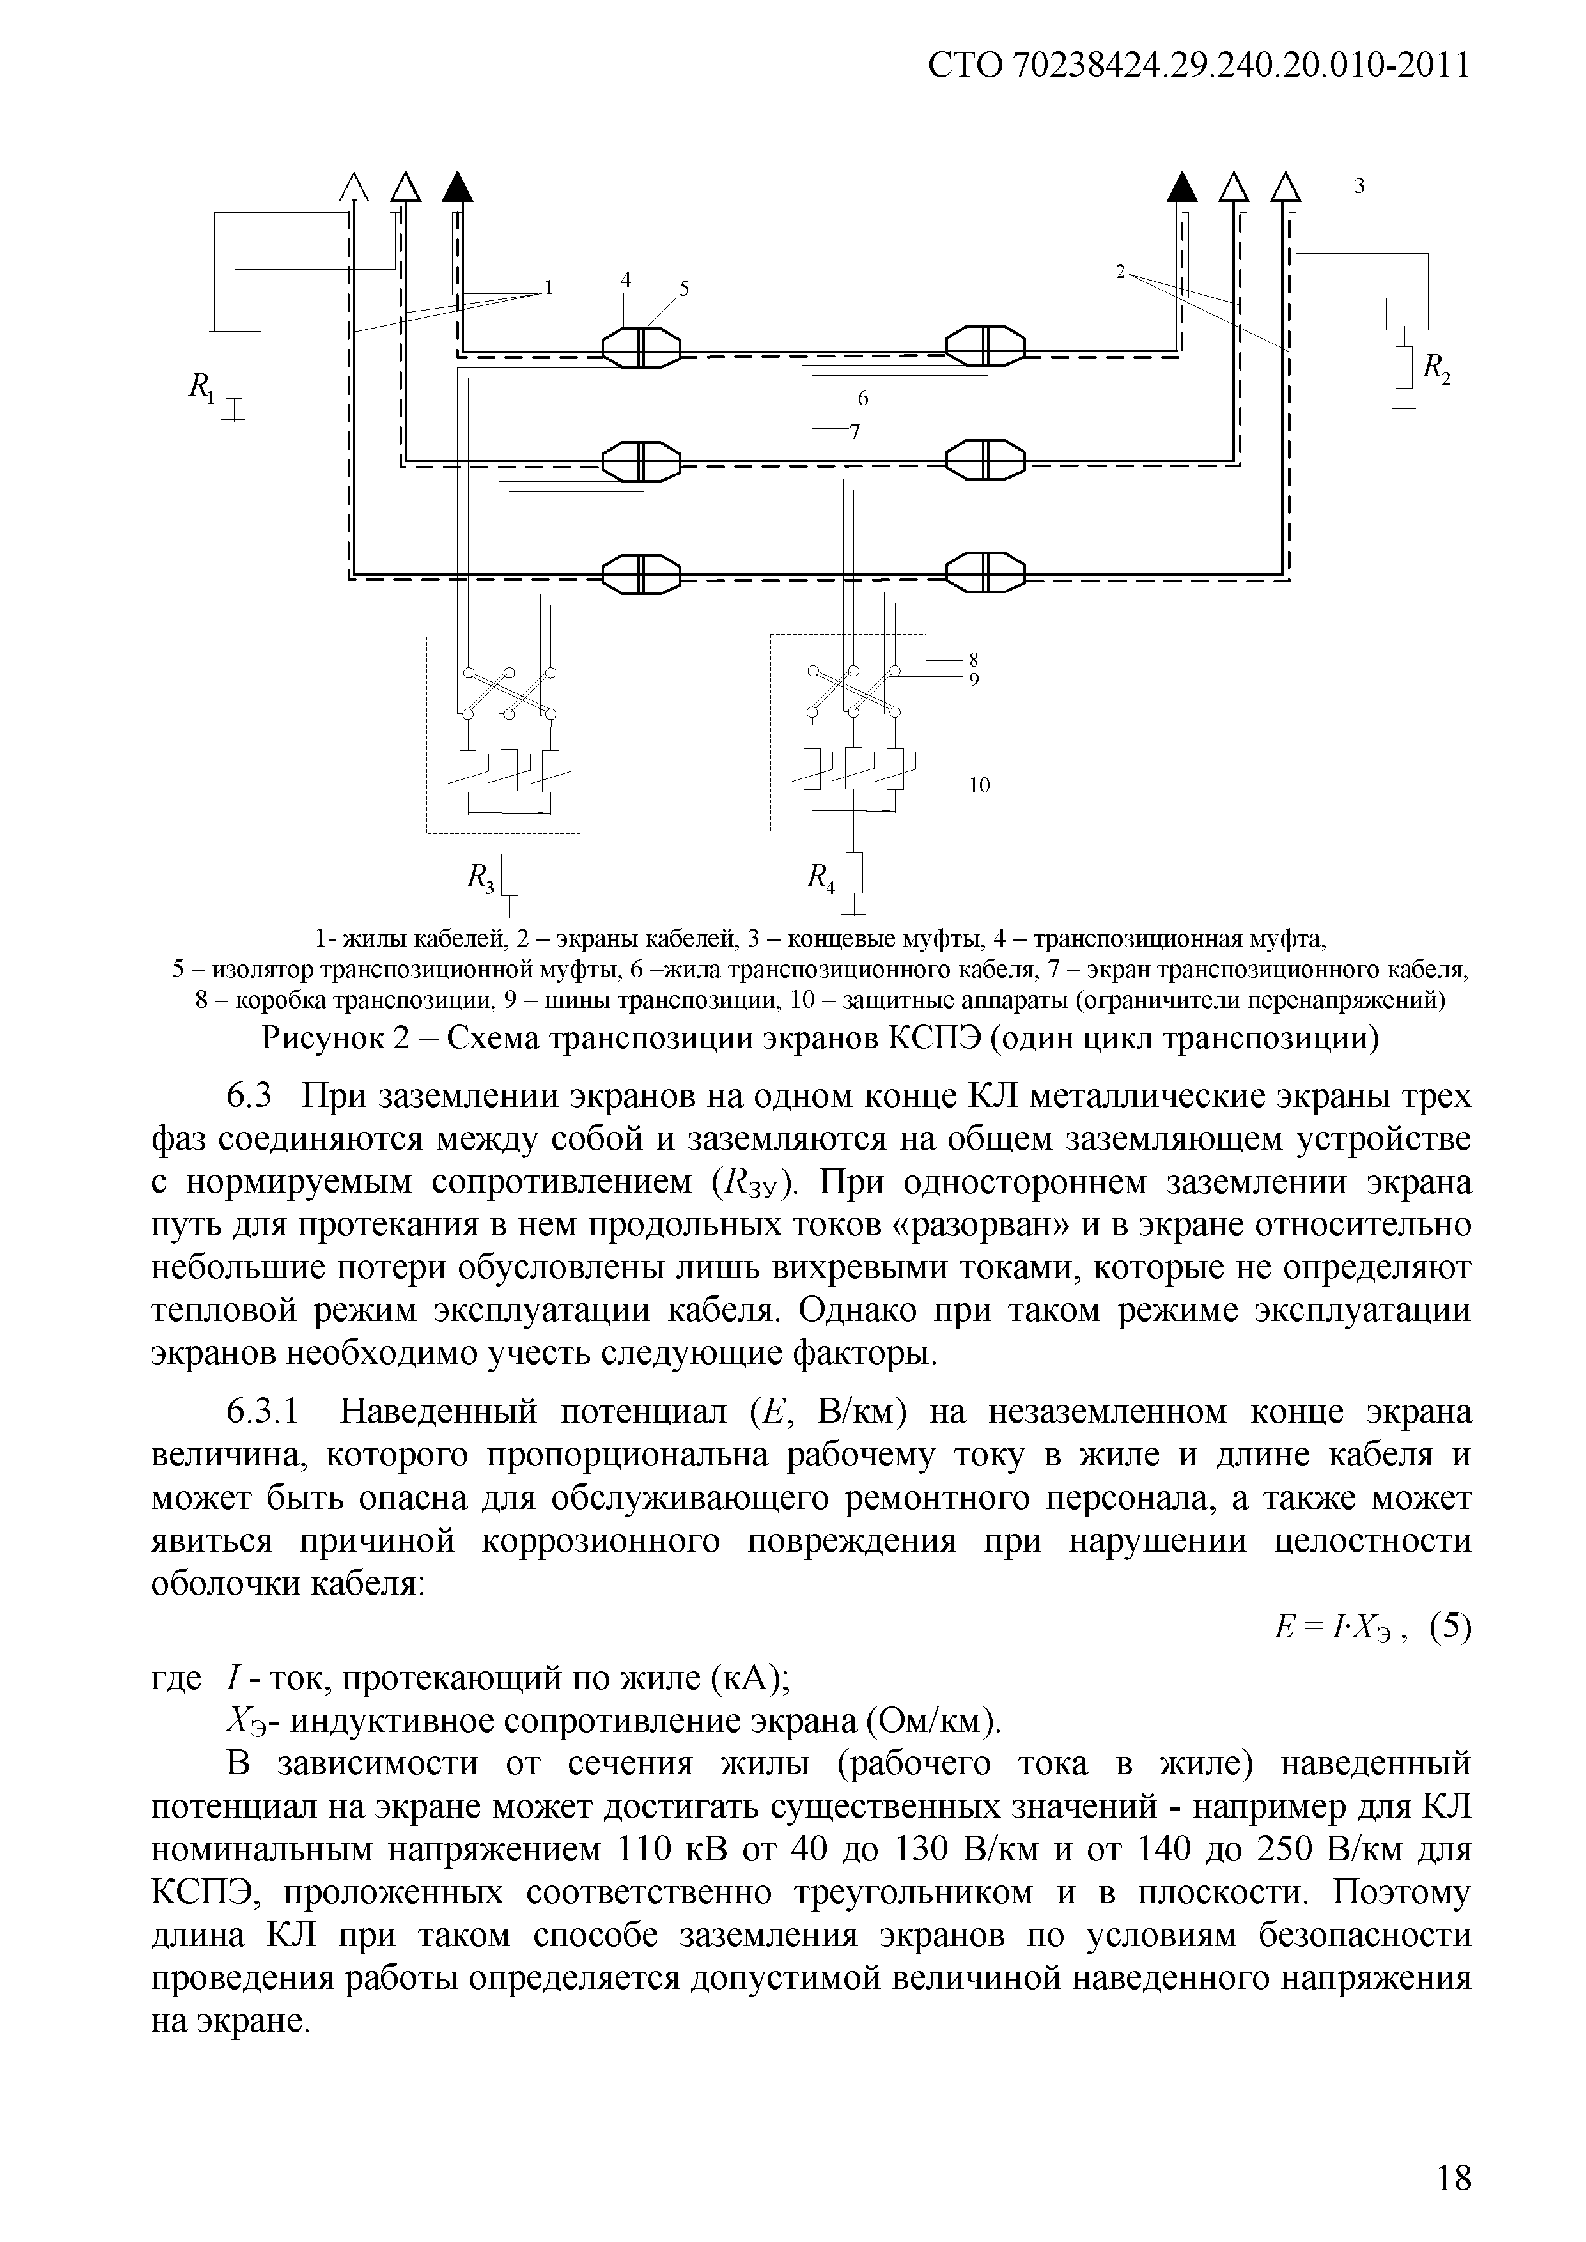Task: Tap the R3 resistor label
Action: (481, 880)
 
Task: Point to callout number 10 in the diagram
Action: (979, 784)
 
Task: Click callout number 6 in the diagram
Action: (862, 398)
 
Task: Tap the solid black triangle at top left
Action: (456, 185)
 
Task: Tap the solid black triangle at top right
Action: (1183, 185)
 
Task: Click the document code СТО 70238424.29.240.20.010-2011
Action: (1198, 66)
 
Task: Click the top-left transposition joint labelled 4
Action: (640, 346)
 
